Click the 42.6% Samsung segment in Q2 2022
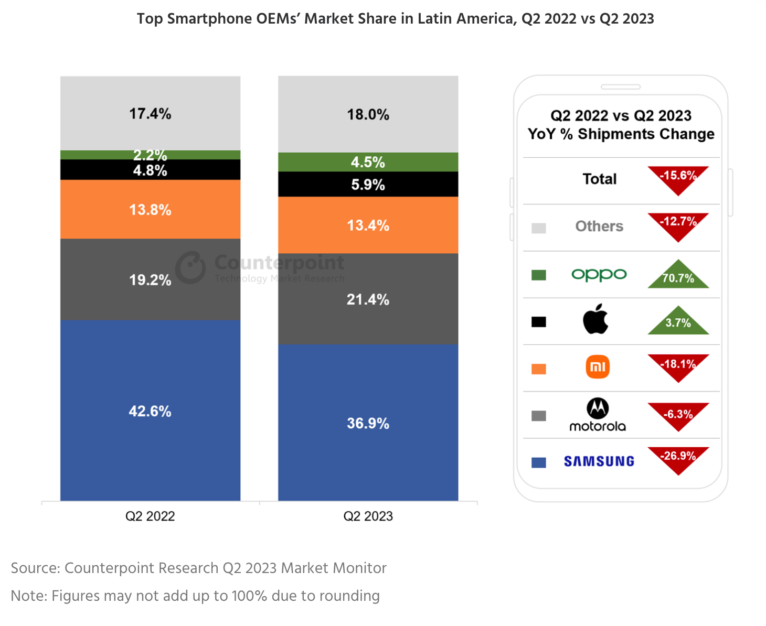pyautogui.click(x=150, y=411)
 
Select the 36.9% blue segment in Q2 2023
pyautogui.click(x=368, y=423)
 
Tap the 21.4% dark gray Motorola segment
pyautogui.click(x=368, y=299)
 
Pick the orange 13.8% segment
pyautogui.click(x=150, y=209)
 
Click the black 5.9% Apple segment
pyautogui.click(x=368, y=184)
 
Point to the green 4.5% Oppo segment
pyautogui.click(x=368, y=162)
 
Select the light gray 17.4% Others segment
pyautogui.click(x=150, y=113)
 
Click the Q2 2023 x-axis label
pyautogui.click(x=368, y=516)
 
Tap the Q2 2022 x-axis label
pyautogui.click(x=150, y=516)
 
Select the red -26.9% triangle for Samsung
pyautogui.click(x=678, y=458)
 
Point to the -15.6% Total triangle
pyautogui.click(x=678, y=178)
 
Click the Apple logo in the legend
pyautogui.click(x=596, y=319)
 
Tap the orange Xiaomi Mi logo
pyautogui.click(x=598, y=366)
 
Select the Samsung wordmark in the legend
pyautogui.click(x=599, y=461)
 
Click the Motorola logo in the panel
pyautogui.click(x=598, y=414)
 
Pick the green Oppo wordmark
pyautogui.click(x=599, y=274)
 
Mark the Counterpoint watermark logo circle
pyautogui.click(x=190, y=267)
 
